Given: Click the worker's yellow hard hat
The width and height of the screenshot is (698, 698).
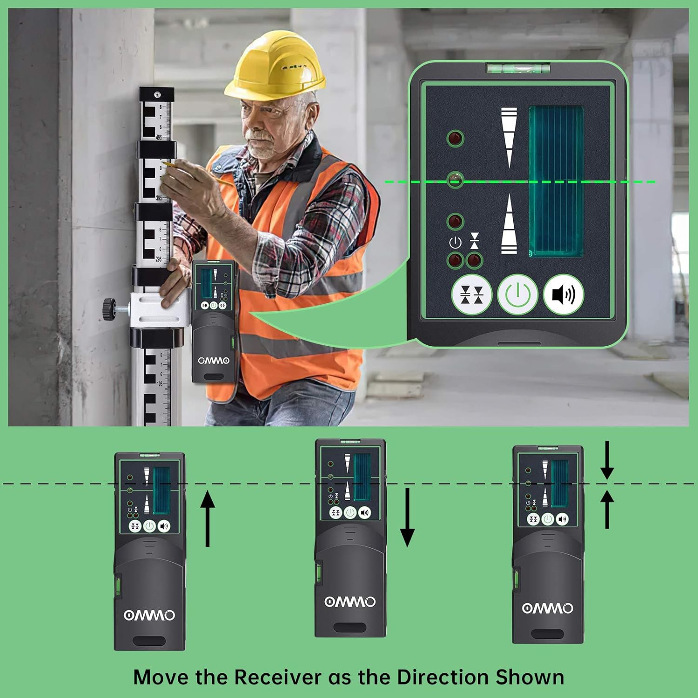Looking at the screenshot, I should click(x=275, y=65).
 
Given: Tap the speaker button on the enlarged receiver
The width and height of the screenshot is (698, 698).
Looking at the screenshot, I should click(x=563, y=295).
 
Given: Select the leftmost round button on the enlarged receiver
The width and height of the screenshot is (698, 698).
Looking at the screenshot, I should click(x=471, y=295).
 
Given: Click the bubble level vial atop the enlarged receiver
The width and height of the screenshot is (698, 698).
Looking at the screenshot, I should click(x=518, y=69).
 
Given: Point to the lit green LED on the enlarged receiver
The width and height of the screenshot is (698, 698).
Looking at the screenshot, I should click(x=455, y=179).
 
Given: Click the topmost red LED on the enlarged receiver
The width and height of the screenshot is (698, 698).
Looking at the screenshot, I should click(x=455, y=138).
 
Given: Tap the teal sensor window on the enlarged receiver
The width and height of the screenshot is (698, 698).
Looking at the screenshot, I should click(x=556, y=181).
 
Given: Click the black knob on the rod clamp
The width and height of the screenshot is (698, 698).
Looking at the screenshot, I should click(x=109, y=309).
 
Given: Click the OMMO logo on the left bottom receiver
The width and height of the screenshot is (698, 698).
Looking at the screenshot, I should click(x=149, y=615).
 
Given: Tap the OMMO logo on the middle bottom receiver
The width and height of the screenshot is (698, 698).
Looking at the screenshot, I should click(x=350, y=602).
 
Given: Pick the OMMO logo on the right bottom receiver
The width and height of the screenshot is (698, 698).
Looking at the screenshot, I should click(x=548, y=608).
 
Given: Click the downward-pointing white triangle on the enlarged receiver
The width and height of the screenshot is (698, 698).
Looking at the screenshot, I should click(x=509, y=137).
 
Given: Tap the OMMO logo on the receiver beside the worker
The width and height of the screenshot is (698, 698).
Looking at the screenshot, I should click(x=214, y=361).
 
